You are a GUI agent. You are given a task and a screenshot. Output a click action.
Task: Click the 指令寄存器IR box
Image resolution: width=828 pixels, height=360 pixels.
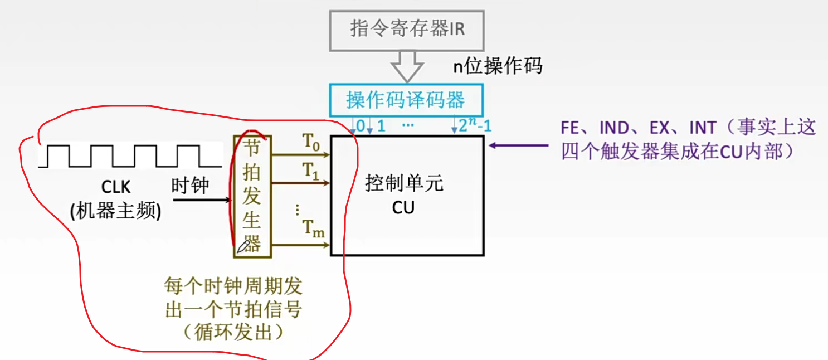click(x=407, y=29)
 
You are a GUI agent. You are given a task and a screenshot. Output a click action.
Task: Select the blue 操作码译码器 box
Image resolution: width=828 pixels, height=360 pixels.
click(x=406, y=100)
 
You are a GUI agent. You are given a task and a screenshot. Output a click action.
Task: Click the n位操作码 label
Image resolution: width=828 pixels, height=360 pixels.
click(x=497, y=66)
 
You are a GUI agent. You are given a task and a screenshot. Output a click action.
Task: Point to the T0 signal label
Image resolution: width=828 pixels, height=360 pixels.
click(x=312, y=143)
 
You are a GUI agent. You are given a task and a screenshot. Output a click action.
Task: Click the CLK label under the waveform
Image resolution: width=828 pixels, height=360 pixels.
click(x=115, y=187)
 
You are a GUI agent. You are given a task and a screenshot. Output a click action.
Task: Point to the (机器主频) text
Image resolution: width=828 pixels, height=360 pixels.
click(x=115, y=211)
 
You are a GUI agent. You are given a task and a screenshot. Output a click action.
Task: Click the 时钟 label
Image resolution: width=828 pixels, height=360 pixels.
click(x=190, y=186)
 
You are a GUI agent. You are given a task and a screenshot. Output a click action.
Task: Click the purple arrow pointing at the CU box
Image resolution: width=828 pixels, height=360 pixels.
click(x=518, y=146)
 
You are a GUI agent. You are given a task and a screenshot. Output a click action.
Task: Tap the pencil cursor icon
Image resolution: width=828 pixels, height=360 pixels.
click(x=243, y=246)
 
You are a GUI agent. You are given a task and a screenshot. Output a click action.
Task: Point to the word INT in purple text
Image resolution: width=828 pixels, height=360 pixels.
click(x=702, y=128)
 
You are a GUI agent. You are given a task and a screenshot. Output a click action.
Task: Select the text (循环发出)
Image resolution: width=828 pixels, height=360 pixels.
click(x=233, y=333)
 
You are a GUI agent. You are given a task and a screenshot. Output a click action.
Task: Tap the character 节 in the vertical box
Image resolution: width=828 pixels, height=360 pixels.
click(x=252, y=147)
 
